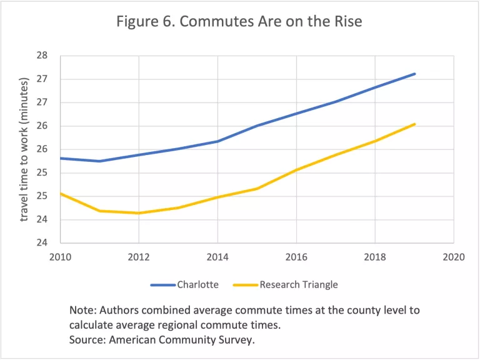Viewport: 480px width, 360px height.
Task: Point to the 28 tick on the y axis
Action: point(42,56)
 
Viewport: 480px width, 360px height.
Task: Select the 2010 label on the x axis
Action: point(60,257)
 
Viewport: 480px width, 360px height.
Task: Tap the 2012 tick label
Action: point(139,257)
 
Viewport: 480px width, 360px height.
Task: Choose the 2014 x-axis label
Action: point(217,257)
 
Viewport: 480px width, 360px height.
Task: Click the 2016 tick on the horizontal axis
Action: point(296,257)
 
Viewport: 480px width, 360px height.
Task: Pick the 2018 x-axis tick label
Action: point(375,257)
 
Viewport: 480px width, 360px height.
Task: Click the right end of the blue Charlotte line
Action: point(415,74)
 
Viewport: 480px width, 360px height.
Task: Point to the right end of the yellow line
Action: point(415,124)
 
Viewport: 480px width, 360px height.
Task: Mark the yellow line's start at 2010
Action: point(61,193)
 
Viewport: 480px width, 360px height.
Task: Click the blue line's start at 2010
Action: point(61,158)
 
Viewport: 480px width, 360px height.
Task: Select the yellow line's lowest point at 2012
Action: point(139,213)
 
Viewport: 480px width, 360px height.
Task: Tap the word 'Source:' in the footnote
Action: point(88,341)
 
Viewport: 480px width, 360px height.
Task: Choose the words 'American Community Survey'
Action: point(182,341)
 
